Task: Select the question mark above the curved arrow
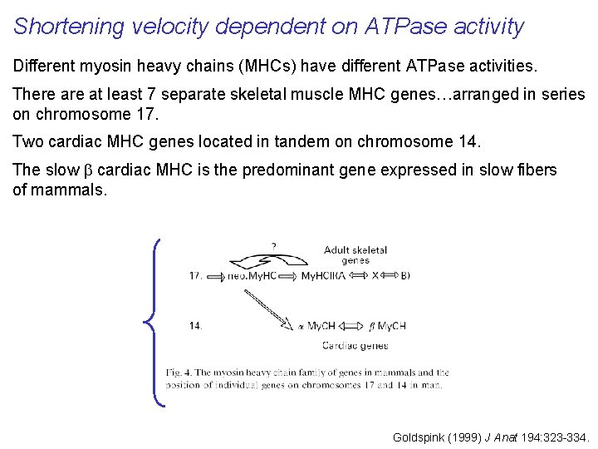click(273, 245)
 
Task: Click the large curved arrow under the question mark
click(267, 261)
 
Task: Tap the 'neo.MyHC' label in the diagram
click(253, 276)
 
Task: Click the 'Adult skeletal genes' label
click(355, 254)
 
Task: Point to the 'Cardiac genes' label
click(355, 345)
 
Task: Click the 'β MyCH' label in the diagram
click(386, 326)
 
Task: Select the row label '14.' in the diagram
click(195, 326)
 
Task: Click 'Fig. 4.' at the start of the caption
click(179, 373)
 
